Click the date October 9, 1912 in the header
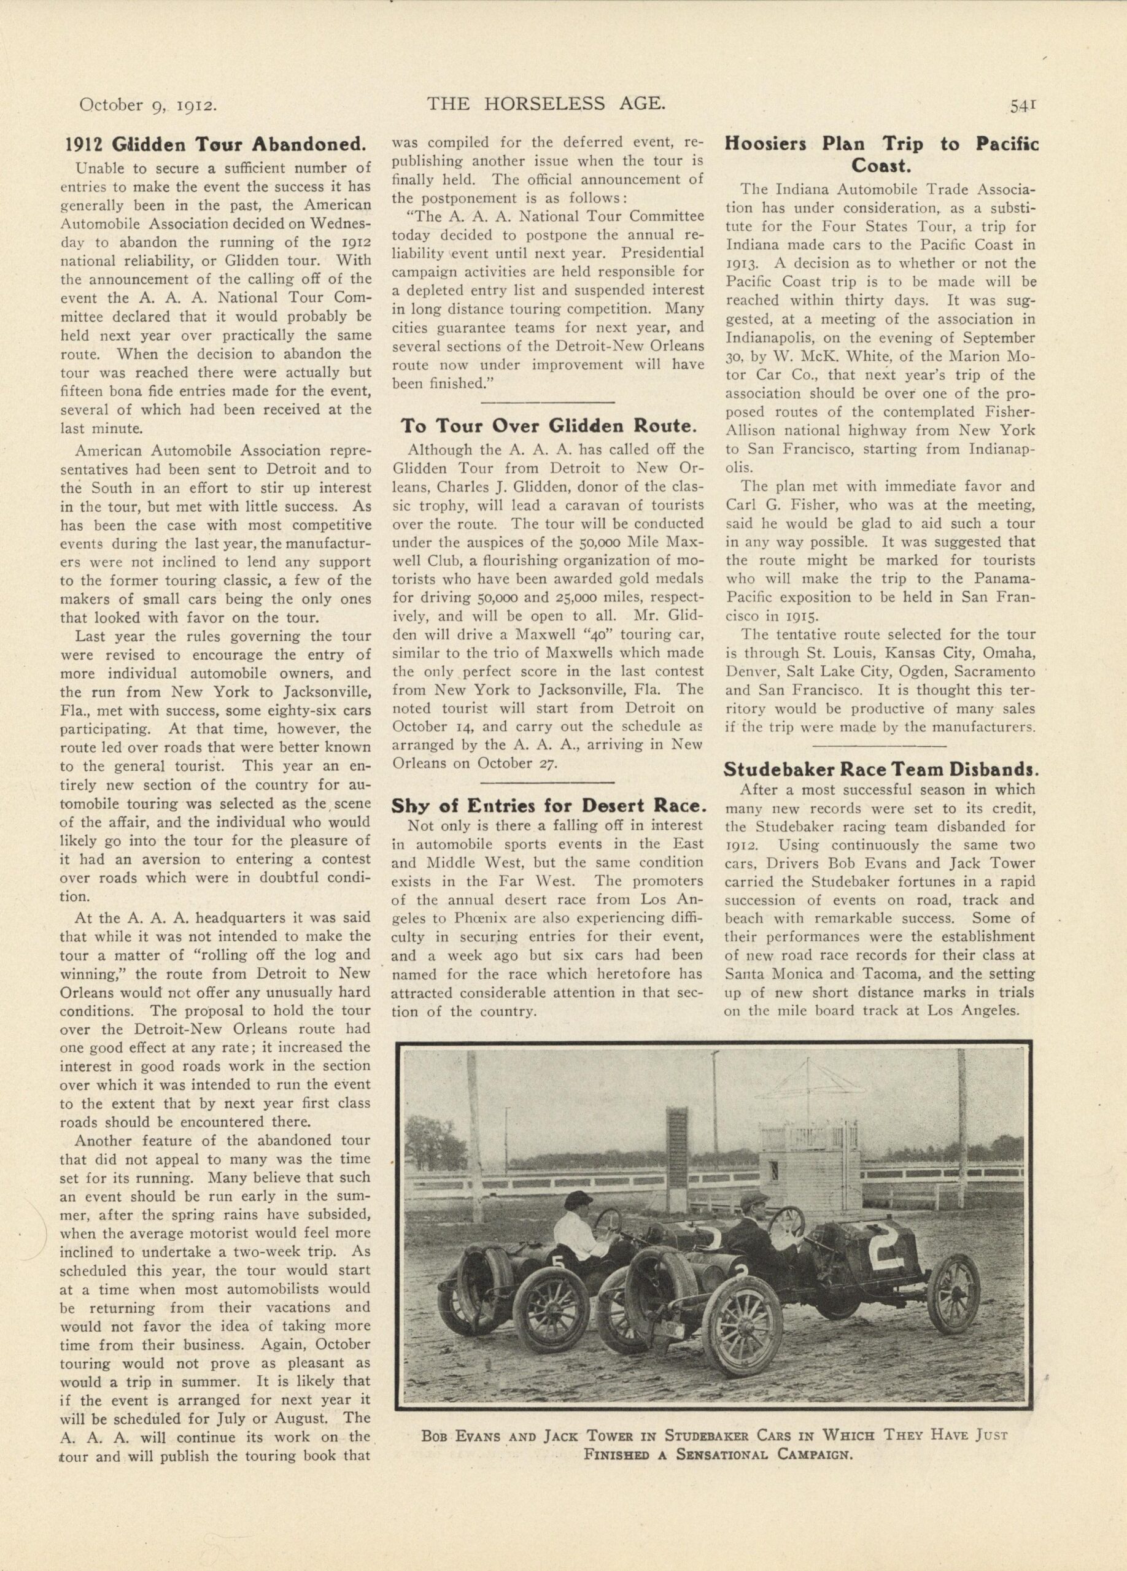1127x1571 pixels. click(150, 106)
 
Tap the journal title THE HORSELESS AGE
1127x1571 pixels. click(546, 104)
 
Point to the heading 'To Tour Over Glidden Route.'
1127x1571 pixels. click(547, 425)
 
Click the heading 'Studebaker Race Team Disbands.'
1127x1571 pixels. click(880, 769)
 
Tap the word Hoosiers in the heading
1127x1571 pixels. click(766, 144)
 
